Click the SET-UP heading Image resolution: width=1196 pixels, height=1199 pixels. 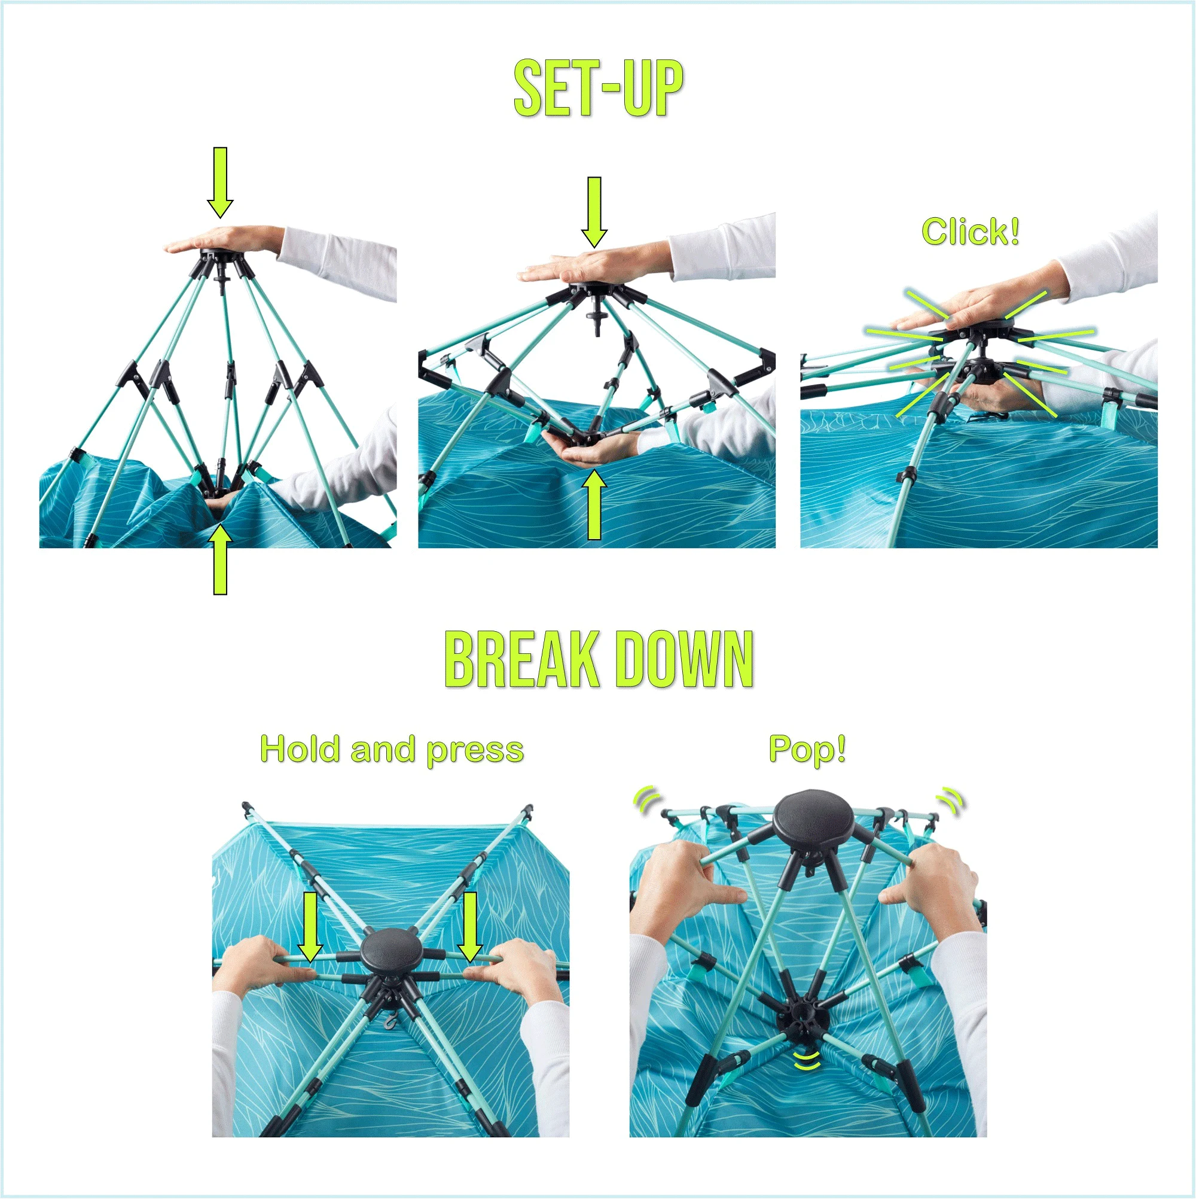tap(599, 87)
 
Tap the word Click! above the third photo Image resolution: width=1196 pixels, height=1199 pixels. tap(970, 231)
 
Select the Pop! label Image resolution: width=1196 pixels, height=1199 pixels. tap(807, 749)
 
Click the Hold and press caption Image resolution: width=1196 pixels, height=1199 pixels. tap(392, 750)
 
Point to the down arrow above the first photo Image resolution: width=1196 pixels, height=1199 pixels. tap(220, 182)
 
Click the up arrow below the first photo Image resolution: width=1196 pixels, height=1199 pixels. tap(220, 559)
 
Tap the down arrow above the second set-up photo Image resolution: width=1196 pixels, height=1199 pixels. tap(594, 212)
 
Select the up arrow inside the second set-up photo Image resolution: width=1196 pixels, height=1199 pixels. tap(594, 504)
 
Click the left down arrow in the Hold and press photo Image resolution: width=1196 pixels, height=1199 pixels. tap(310, 927)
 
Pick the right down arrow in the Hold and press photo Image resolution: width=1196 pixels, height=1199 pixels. tap(469, 927)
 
